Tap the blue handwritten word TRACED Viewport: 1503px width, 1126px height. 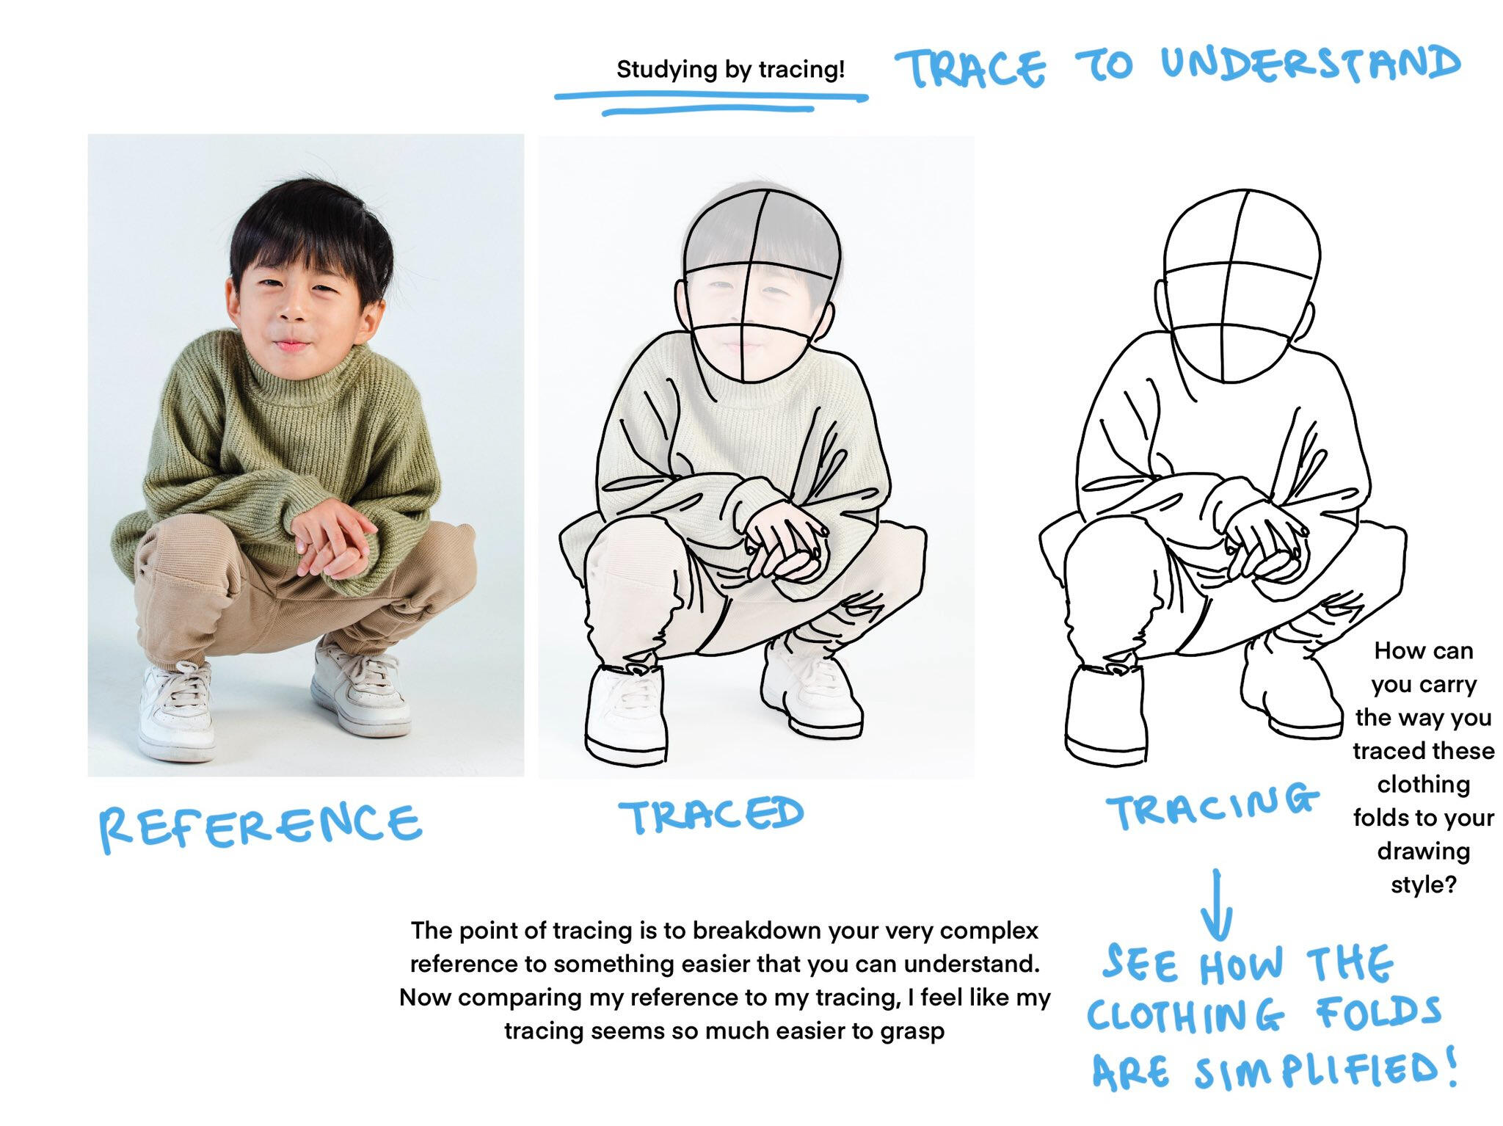pyautogui.click(x=711, y=815)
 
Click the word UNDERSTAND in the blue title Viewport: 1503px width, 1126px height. pyautogui.click(x=1310, y=63)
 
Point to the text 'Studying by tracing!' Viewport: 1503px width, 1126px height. pyautogui.click(x=730, y=70)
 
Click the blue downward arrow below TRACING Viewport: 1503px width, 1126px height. pyautogui.click(x=1217, y=904)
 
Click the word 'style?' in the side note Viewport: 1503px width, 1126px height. pyautogui.click(x=1423, y=885)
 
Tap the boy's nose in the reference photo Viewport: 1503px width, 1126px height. pyautogui.click(x=294, y=307)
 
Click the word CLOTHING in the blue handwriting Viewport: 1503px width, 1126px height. pyautogui.click(x=1186, y=1017)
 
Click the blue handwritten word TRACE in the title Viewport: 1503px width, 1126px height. pyautogui.click(x=970, y=68)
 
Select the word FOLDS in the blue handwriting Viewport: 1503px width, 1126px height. pyautogui.click(x=1379, y=1013)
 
